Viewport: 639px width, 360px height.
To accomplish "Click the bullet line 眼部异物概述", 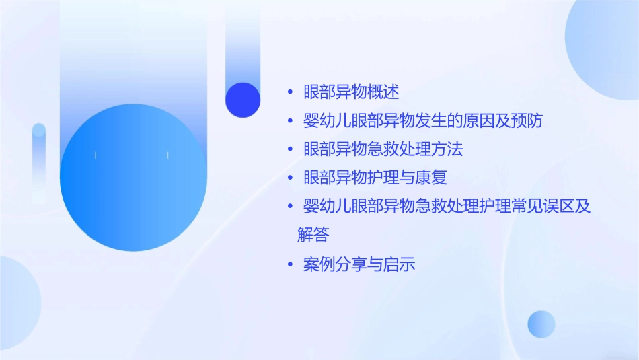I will click(351, 92).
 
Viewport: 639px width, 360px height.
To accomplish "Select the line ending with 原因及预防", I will click(422, 121).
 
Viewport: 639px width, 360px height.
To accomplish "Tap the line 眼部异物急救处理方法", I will click(383, 149).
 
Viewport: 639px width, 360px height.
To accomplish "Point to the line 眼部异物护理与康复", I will click(375, 178).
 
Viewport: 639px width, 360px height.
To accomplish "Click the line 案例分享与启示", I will click(359, 264).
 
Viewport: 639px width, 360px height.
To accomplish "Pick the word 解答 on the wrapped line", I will click(313, 235).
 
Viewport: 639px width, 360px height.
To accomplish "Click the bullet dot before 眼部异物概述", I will click(290, 92).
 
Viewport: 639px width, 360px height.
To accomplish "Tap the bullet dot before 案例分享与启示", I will click(290, 265).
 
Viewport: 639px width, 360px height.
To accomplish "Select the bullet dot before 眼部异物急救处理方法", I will click(290, 149).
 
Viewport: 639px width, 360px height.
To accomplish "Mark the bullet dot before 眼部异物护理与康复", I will click(290, 178).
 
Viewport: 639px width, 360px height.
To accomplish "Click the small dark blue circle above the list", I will click(243, 100).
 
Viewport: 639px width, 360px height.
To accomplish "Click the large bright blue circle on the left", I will click(133, 178).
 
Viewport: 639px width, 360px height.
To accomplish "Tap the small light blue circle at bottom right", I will click(541, 324).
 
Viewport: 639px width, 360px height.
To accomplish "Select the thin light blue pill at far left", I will click(39, 161).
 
